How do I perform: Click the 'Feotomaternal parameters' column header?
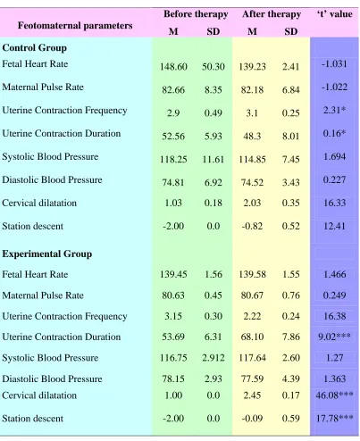pyautogui.click(x=75, y=26)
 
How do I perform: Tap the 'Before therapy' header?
pyautogui.click(x=196, y=14)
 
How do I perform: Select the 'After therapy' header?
pyautogui.click(x=272, y=14)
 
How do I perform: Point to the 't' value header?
pyautogui.click(x=335, y=14)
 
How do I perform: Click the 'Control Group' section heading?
pyautogui.click(x=35, y=48)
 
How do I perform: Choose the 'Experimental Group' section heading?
pyautogui.click(x=47, y=254)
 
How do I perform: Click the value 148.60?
pyautogui.click(x=173, y=67)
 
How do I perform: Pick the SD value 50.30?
pyautogui.click(x=213, y=67)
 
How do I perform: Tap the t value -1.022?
pyautogui.click(x=334, y=87)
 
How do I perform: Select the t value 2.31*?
pyautogui.click(x=334, y=110)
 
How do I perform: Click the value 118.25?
pyautogui.click(x=173, y=159)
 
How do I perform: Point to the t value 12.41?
pyautogui.click(x=334, y=226)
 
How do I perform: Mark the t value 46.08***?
pyautogui.click(x=334, y=395)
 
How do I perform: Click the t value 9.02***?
pyautogui.click(x=334, y=337)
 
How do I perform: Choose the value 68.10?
pyautogui.click(x=252, y=337)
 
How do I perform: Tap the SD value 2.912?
pyautogui.click(x=213, y=358)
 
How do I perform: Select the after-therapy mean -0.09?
pyautogui.click(x=252, y=419)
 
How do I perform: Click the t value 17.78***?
pyautogui.click(x=334, y=419)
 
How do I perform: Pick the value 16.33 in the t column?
pyautogui.click(x=334, y=203)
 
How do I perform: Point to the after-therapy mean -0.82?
pyautogui.click(x=252, y=226)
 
